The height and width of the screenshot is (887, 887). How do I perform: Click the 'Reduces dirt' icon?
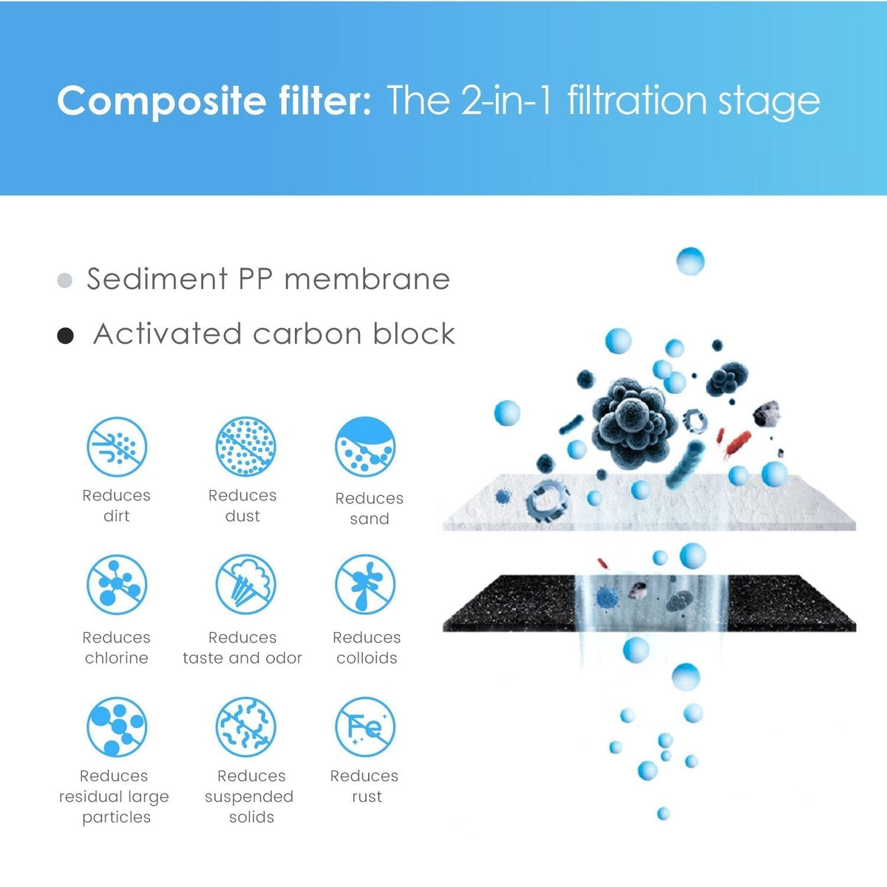pos(117,446)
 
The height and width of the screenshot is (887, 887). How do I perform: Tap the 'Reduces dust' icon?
pos(245,446)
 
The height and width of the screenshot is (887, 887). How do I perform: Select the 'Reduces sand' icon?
pos(365,446)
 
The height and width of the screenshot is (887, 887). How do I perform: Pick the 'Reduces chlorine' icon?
pos(117,585)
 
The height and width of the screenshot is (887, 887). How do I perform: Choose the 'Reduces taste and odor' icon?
pos(245,585)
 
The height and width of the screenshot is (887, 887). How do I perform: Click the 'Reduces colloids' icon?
pos(365,585)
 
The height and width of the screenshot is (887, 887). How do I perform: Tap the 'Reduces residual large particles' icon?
pos(117,727)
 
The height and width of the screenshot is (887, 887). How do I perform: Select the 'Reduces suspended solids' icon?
pos(245,727)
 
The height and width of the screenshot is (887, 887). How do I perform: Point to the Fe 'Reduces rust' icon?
pos(365,727)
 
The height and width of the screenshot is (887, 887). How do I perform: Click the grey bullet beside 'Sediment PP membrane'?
pos(65,281)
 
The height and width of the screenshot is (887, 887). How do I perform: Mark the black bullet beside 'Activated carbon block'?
pos(66,336)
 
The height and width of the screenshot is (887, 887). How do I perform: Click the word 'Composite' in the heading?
pos(161,101)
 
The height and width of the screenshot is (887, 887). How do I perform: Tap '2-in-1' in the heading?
pos(506,101)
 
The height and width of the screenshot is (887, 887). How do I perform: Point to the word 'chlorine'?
pos(116,658)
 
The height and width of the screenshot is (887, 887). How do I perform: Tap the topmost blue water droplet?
pos(690,261)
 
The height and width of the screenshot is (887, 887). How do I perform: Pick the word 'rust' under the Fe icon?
pos(367,797)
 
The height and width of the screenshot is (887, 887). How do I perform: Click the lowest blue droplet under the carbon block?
pos(663,814)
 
